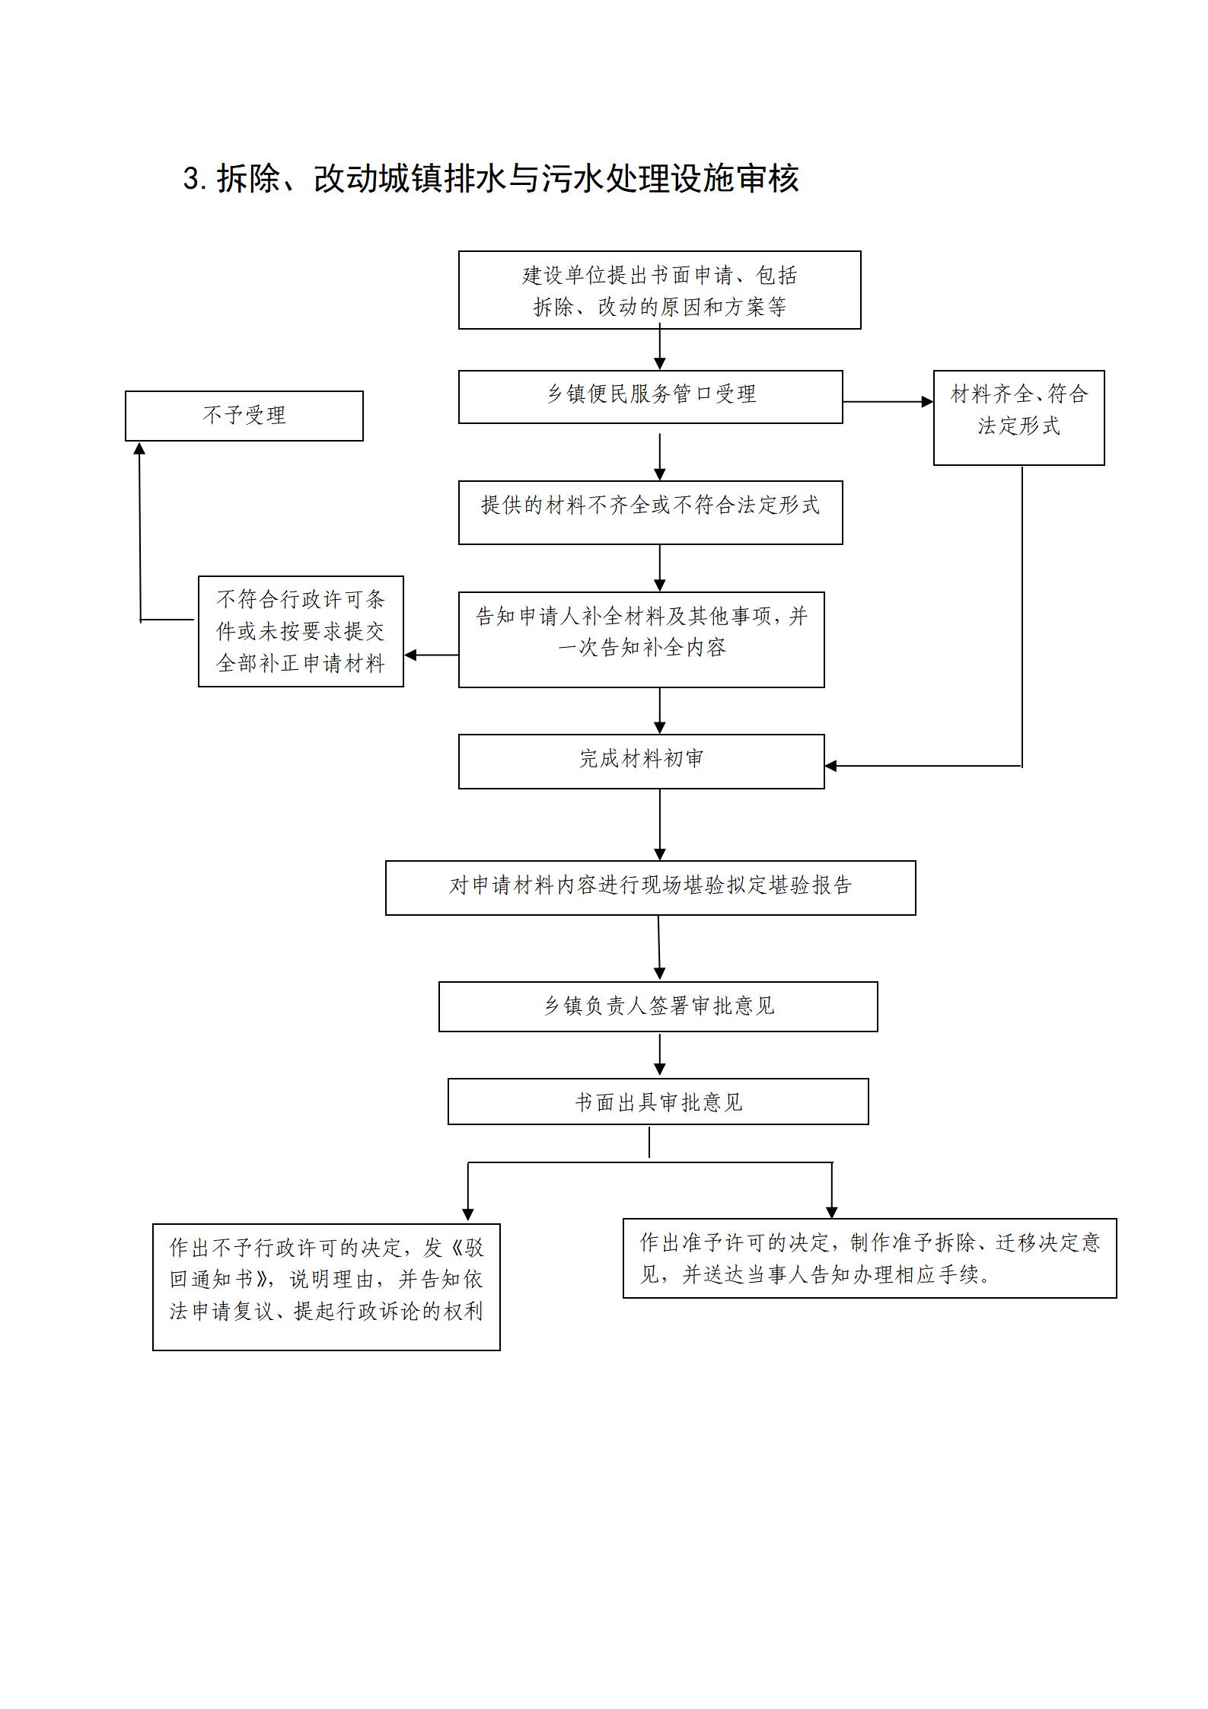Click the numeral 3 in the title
191,179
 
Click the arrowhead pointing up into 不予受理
139,448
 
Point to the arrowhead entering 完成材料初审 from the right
831,766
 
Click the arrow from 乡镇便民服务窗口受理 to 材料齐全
888,401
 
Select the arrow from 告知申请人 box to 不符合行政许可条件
431,655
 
